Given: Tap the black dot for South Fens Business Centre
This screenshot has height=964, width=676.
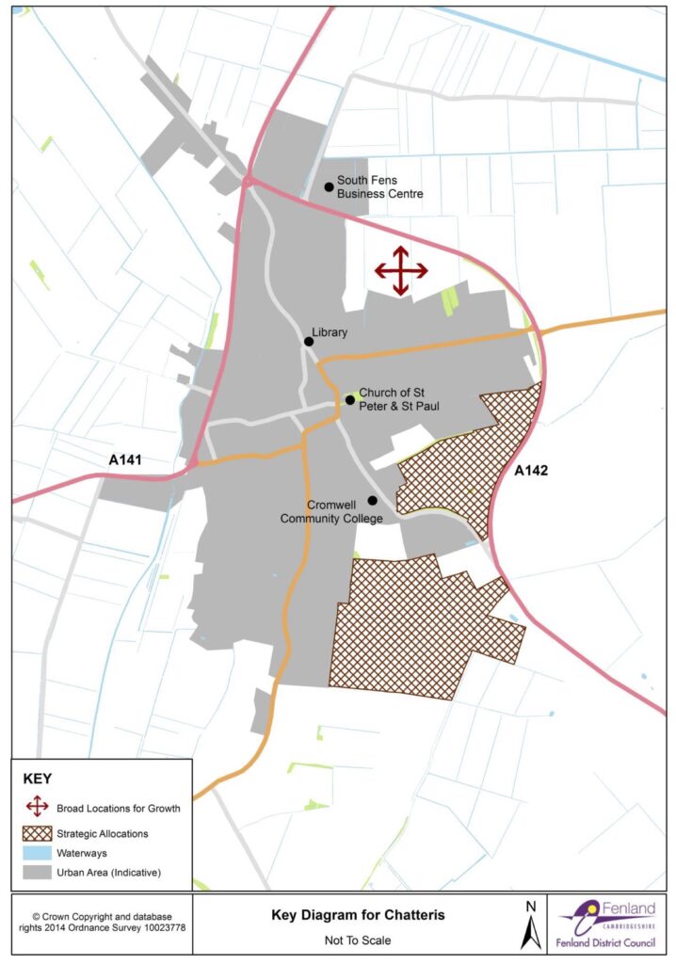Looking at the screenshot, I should click(329, 186).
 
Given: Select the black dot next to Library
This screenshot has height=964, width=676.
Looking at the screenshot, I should click(309, 341).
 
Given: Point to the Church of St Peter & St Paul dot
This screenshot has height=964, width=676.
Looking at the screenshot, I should click(349, 400).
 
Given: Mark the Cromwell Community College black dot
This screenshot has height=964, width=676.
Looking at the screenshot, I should click(372, 500).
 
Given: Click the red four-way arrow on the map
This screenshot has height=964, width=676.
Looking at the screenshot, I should click(401, 271).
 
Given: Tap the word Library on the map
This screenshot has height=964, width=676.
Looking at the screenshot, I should click(332, 332).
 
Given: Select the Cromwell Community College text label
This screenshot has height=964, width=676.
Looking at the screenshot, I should click(331, 512).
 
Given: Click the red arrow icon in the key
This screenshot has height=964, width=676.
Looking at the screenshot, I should click(38, 807).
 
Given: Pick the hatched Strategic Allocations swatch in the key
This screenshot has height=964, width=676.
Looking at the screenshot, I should click(38, 833).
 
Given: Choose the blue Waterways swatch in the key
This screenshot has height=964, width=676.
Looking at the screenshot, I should click(38, 853).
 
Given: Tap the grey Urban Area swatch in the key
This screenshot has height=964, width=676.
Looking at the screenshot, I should click(38, 873).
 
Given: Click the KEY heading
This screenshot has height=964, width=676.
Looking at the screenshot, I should click(40, 779).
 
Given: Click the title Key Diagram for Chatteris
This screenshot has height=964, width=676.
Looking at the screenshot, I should click(345, 914).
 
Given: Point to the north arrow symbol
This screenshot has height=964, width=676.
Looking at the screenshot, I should click(529, 924).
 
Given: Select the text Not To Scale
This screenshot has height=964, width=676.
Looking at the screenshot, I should click(345, 939).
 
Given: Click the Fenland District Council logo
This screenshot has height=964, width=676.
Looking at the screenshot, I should click(611, 924).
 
